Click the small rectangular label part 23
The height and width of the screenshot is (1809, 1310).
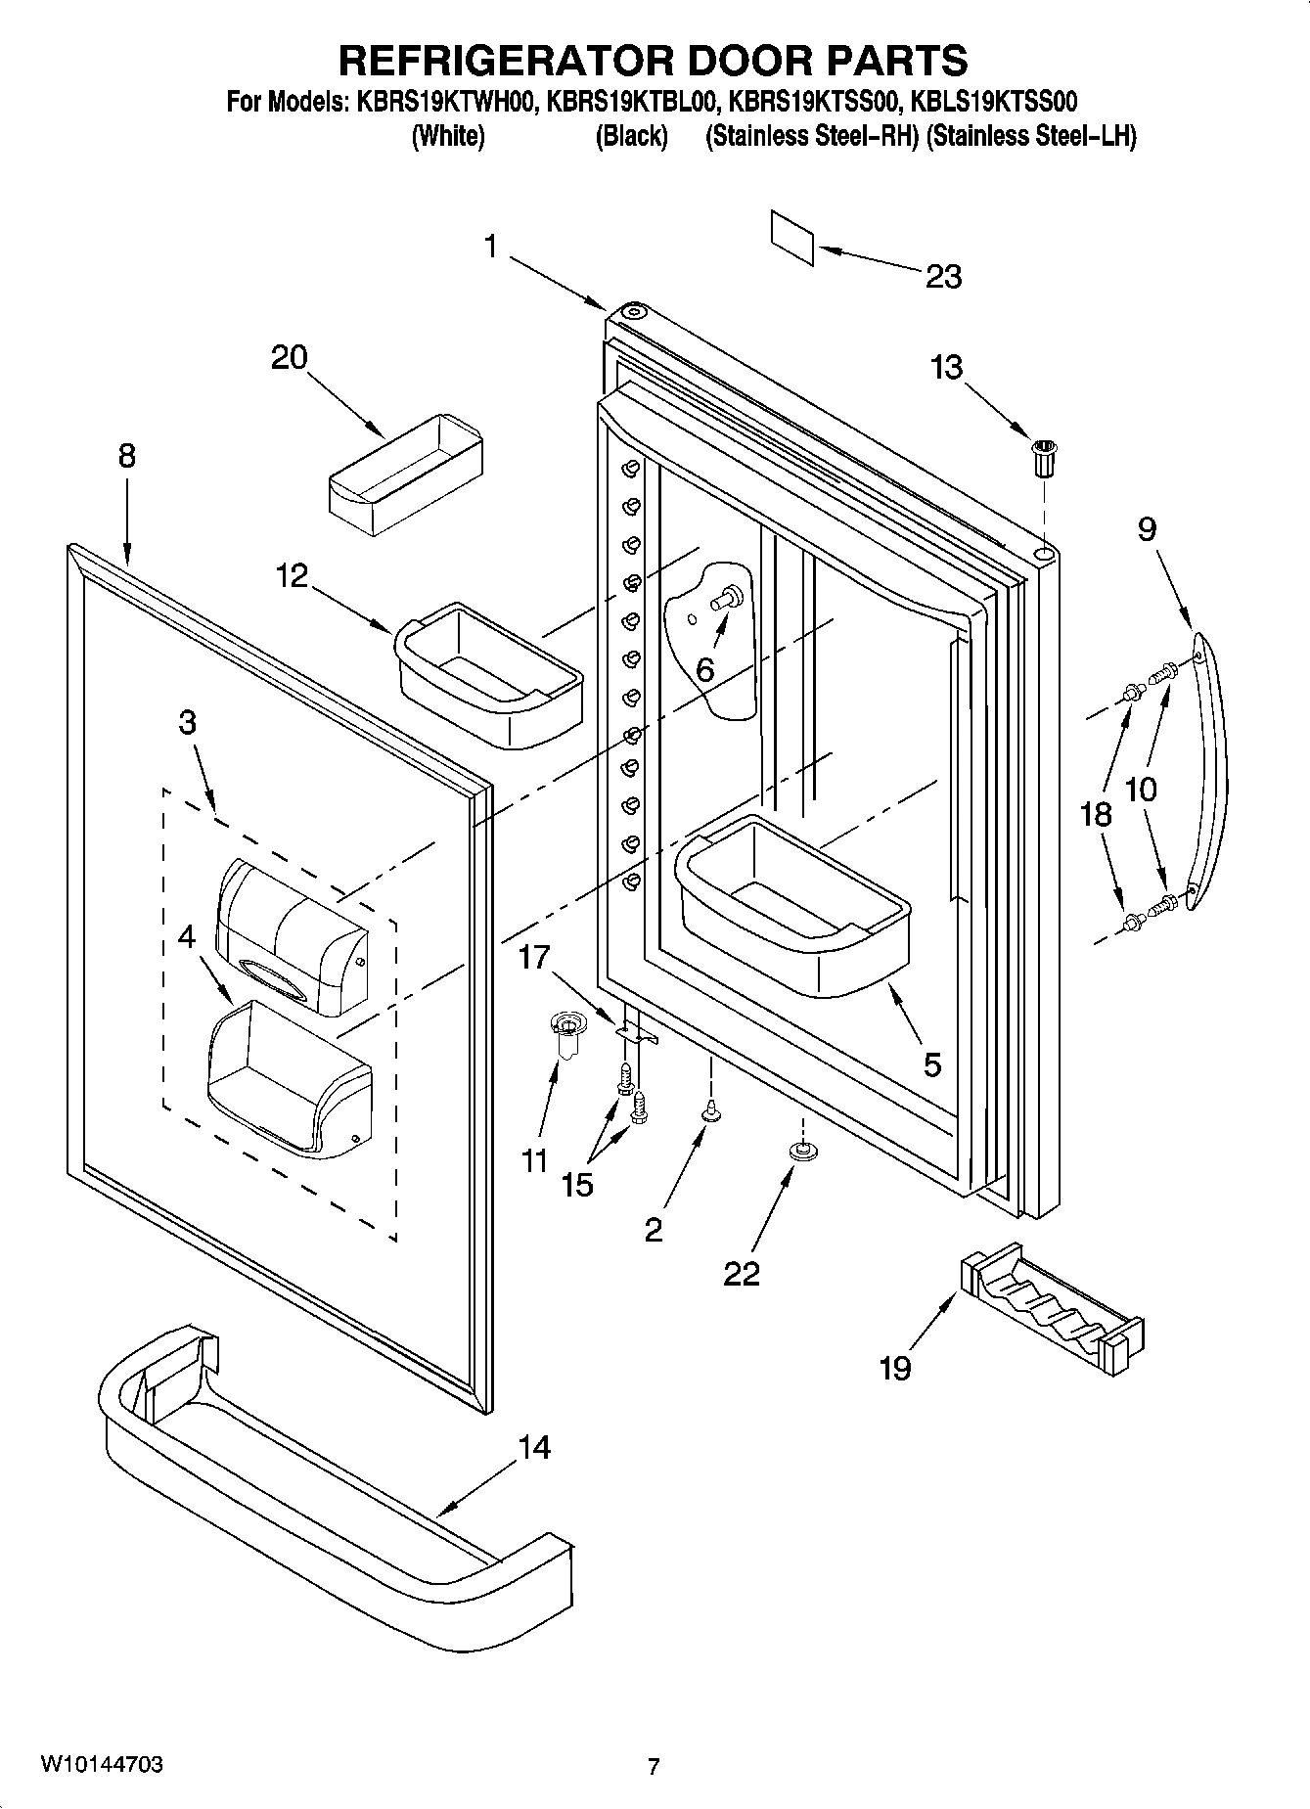[791, 238]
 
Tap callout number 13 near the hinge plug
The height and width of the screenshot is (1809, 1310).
[946, 368]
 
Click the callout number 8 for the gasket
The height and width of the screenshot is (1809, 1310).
[127, 456]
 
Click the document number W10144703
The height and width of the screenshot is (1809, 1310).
[102, 1764]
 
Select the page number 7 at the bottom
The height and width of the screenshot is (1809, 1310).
[654, 1766]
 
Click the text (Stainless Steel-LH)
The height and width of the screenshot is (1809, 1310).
[1031, 136]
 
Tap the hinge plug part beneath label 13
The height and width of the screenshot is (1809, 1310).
[1045, 458]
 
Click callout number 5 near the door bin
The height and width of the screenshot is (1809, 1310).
[931, 1063]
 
